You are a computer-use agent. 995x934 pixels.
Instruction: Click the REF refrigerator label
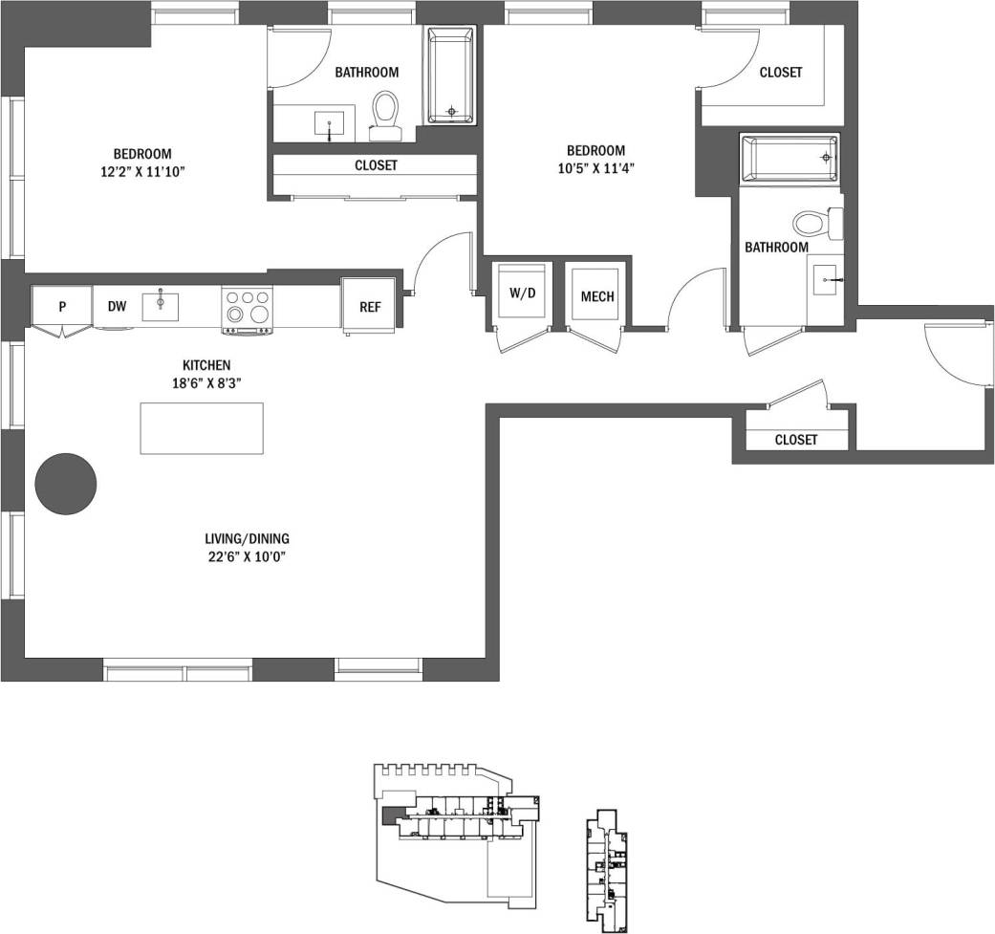[370, 307]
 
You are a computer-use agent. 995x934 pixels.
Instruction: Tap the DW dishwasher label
[117, 307]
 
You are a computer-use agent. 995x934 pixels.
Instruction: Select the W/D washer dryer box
[522, 294]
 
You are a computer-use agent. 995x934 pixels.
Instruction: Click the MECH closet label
[597, 295]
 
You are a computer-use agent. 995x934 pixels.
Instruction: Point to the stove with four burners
[246, 310]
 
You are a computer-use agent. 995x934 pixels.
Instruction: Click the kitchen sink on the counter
[161, 306]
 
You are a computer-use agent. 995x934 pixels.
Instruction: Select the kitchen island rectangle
[201, 428]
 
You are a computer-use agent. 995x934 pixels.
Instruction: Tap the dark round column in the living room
[66, 485]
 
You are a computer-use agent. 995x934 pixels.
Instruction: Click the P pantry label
[62, 307]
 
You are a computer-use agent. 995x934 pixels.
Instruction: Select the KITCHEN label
[206, 365]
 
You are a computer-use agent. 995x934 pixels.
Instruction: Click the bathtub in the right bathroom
[790, 158]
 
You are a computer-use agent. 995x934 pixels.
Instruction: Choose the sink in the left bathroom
[330, 123]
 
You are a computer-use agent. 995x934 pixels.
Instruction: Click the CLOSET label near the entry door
[796, 440]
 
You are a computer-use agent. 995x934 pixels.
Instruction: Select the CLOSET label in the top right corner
[780, 73]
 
